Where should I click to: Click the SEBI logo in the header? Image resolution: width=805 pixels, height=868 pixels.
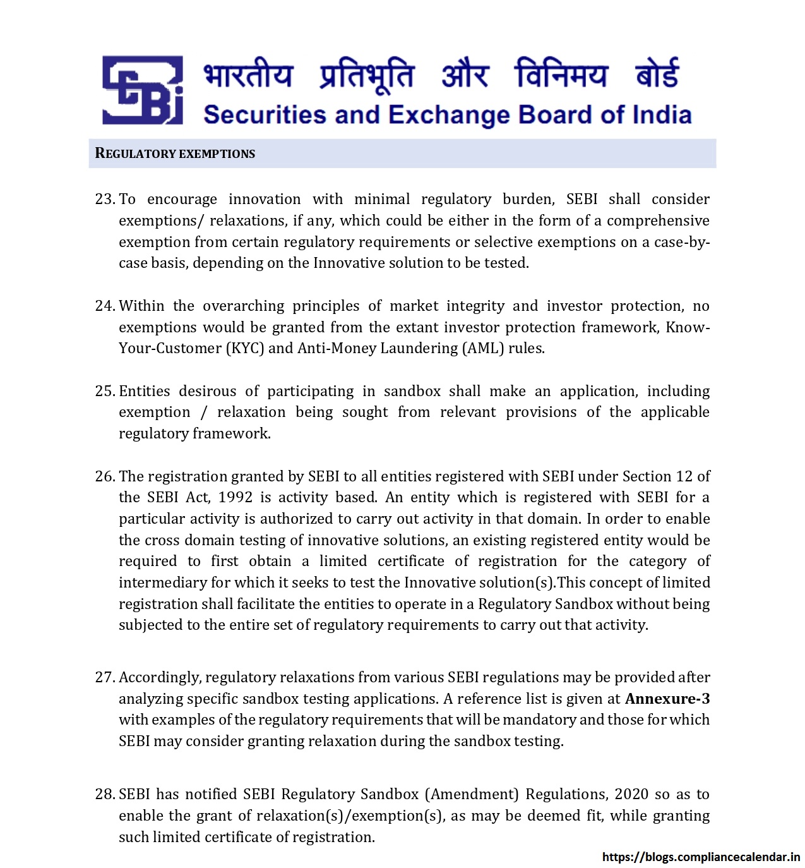(143, 90)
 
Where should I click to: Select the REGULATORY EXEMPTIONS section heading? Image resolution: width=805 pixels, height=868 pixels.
(175, 154)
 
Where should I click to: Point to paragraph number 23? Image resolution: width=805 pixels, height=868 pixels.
(104, 199)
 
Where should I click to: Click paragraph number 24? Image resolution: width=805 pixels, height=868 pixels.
(104, 306)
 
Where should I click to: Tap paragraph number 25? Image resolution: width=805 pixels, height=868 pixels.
(104, 391)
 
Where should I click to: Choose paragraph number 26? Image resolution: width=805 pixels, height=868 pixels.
(104, 476)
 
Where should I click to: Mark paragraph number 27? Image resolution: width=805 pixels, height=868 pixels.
(104, 677)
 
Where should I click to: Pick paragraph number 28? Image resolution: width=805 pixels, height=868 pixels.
(104, 794)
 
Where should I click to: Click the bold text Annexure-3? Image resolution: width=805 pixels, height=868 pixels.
(667, 699)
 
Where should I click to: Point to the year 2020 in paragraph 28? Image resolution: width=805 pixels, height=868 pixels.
(631, 794)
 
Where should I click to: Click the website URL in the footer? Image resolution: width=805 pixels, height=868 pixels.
(701, 857)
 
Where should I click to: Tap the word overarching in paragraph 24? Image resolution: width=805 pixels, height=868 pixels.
(243, 306)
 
